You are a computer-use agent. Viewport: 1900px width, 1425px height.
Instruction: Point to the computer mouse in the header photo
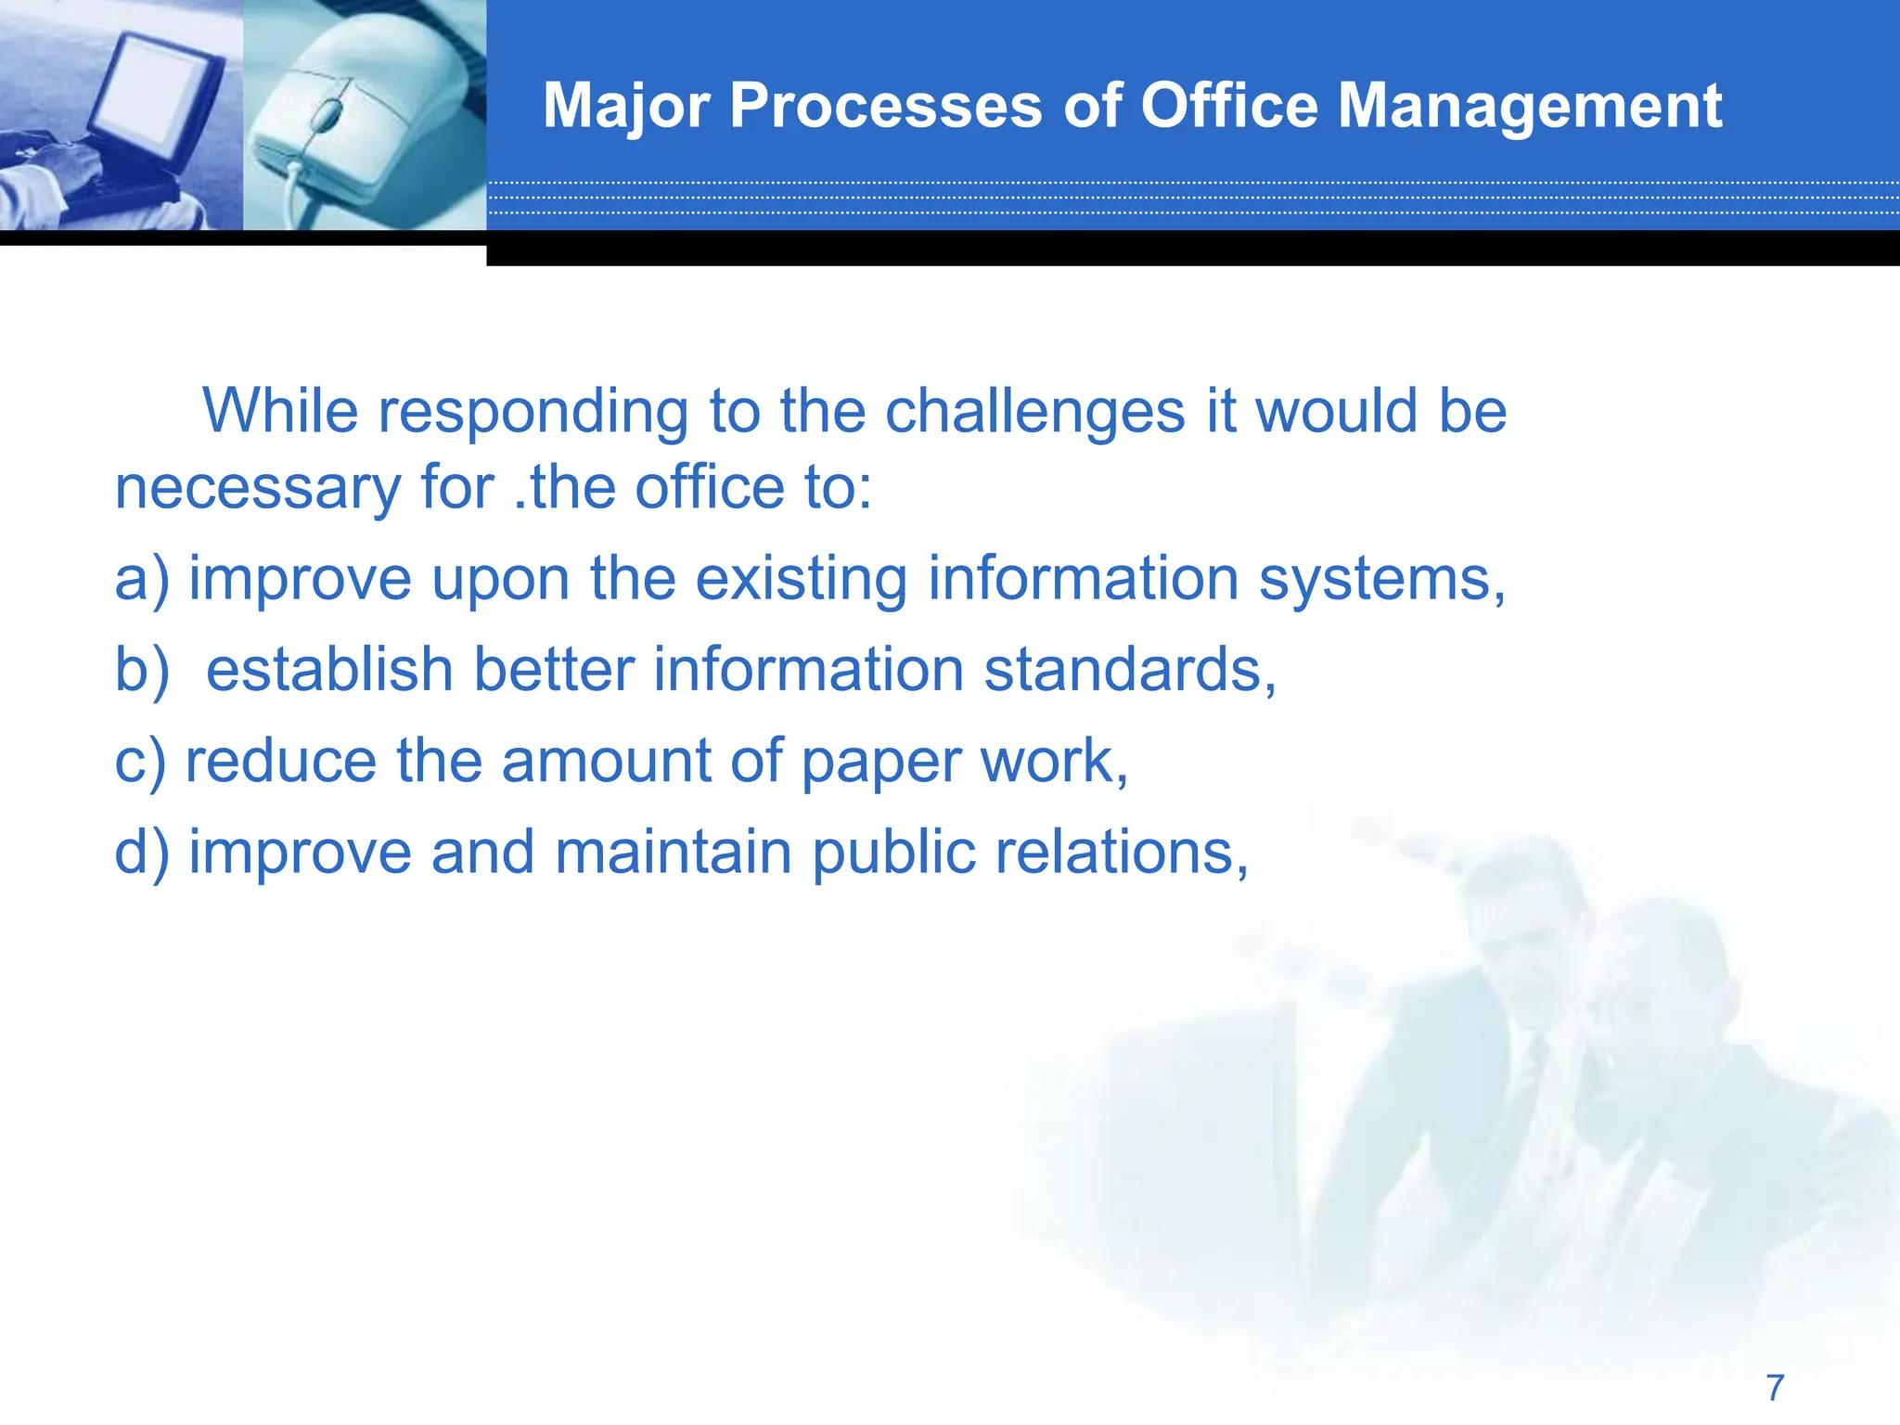[x=343, y=121]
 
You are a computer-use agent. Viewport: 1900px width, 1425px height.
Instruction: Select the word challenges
[x=1034, y=410]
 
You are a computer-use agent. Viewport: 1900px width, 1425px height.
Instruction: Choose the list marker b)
[x=142, y=670]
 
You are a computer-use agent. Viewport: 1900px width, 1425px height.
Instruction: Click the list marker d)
[x=142, y=852]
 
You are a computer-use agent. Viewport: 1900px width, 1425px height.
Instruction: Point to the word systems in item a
[x=1380, y=579]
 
